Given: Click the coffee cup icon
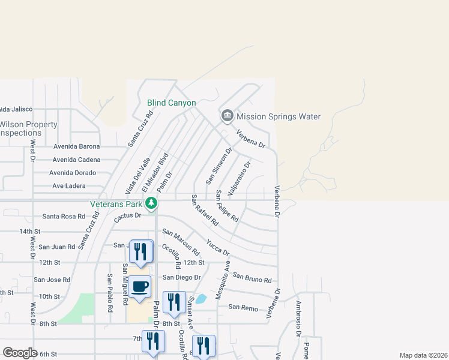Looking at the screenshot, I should tap(140, 286).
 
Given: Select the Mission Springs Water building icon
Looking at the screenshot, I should tap(227, 116).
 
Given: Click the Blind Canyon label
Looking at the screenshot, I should tap(172, 103).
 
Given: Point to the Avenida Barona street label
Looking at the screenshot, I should tap(76, 146).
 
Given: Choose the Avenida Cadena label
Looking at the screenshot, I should tap(76, 160).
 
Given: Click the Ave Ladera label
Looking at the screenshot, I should tap(68, 186).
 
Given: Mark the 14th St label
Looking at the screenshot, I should tap(29, 231).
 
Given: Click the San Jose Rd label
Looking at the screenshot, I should tap(52, 280).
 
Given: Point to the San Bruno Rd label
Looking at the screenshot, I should tap(252, 278).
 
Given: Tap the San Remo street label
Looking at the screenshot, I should tap(243, 308).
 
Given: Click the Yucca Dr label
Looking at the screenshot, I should tap(217, 247).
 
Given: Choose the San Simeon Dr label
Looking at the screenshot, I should tap(218, 167).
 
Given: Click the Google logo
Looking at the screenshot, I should tap(20, 353).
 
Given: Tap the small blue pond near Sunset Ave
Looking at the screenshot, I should tap(201, 298).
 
